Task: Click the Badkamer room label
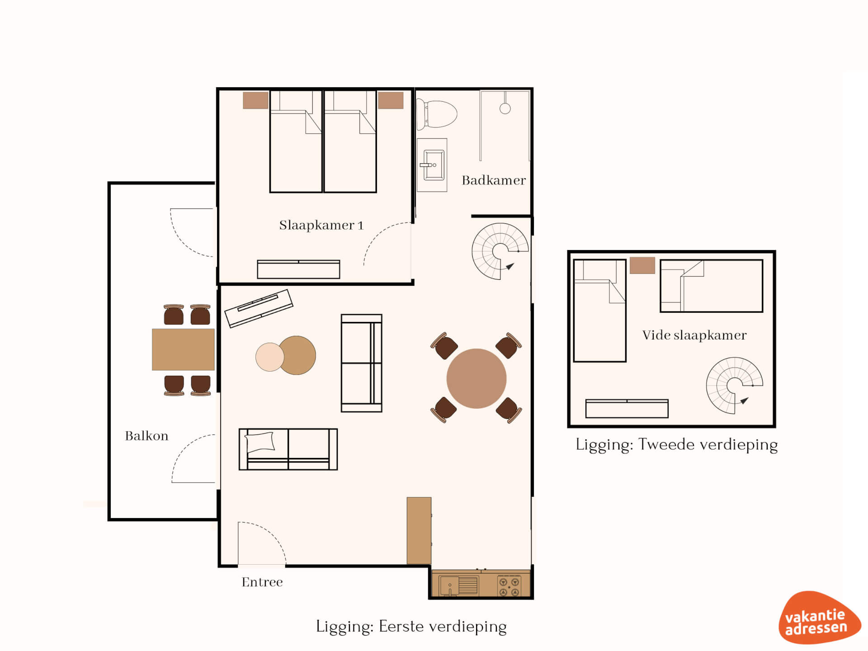[494, 180]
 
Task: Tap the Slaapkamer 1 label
[321, 225]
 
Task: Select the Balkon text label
[146, 436]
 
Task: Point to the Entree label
[262, 582]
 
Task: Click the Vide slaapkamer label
[694, 335]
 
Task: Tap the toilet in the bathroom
[437, 114]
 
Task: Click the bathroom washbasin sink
[432, 165]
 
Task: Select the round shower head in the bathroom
[505, 108]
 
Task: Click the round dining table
[476, 378]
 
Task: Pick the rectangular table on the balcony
[183, 349]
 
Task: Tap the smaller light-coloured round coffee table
[269, 357]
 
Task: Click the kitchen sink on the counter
[458, 585]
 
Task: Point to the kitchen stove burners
[509, 586]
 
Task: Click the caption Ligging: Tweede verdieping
[677, 445]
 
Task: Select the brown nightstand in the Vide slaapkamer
[642, 265]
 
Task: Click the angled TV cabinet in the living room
[259, 308]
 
